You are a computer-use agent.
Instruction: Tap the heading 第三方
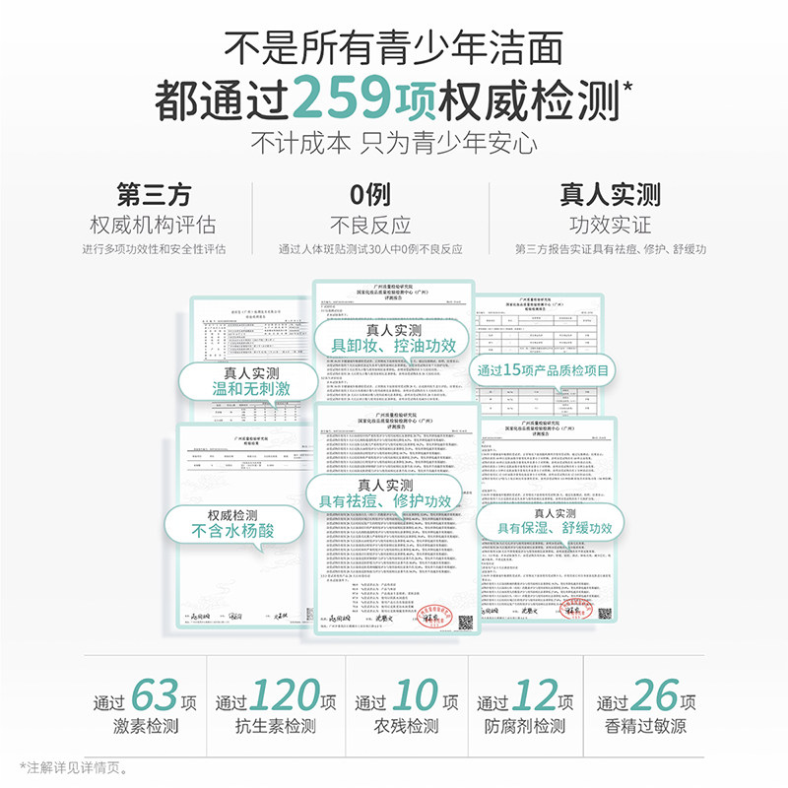[153, 194]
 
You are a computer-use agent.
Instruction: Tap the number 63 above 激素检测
[156, 696]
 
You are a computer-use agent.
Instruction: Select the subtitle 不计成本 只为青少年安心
[394, 142]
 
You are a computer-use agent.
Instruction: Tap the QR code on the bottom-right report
[604, 612]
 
